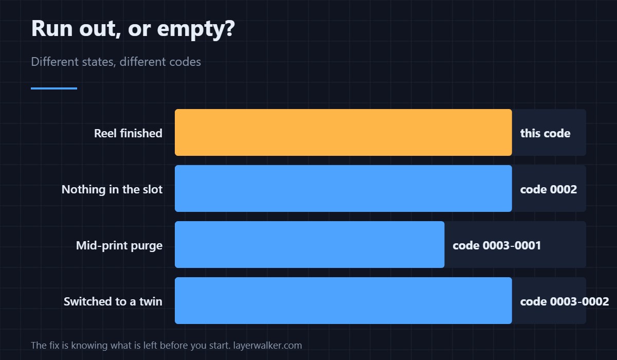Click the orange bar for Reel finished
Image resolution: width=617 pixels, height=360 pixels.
tap(343, 133)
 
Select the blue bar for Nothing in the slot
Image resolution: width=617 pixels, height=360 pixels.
tap(343, 188)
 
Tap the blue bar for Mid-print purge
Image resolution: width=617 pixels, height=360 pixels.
tap(310, 245)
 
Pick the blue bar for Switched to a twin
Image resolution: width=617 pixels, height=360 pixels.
tap(343, 300)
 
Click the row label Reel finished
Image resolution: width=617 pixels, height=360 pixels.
tap(128, 133)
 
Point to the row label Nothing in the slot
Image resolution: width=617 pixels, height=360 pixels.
tap(112, 189)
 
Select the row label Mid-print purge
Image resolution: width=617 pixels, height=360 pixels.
tap(119, 246)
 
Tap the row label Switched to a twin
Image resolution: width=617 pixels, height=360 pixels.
tap(113, 301)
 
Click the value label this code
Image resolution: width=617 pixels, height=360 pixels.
tap(545, 133)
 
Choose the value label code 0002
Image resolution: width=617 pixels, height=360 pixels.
tap(549, 189)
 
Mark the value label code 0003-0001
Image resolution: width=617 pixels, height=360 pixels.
tap(497, 246)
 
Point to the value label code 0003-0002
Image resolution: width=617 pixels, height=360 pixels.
tap(565, 301)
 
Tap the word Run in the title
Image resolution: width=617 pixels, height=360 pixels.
tap(52, 28)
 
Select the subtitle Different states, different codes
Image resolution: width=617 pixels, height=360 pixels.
tap(116, 62)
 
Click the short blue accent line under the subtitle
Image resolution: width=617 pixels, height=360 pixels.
tap(54, 88)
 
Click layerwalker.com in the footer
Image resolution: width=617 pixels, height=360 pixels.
tap(267, 346)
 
